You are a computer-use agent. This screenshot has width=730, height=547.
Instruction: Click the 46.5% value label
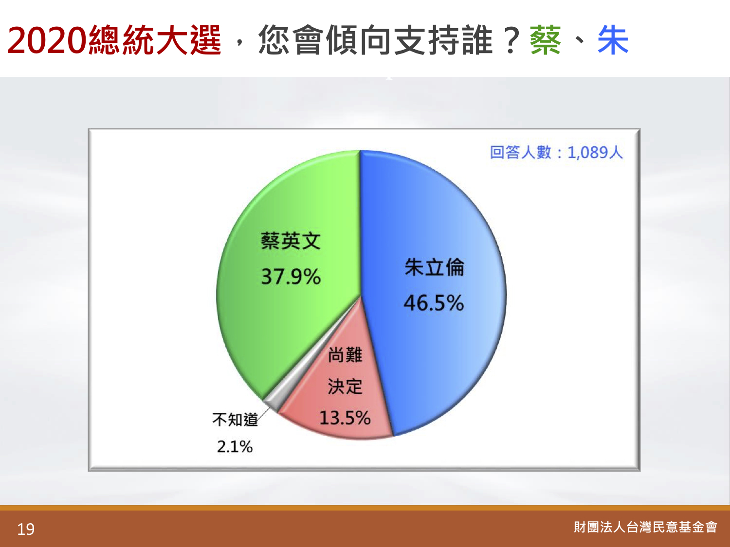[434, 303]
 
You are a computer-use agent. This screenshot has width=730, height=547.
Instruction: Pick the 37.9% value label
[291, 276]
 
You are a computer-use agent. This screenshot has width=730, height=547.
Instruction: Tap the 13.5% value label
[345, 418]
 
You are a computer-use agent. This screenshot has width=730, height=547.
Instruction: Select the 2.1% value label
[235, 446]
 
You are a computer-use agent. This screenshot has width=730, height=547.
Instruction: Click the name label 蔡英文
[291, 241]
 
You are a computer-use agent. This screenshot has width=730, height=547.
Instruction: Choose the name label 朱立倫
[434, 267]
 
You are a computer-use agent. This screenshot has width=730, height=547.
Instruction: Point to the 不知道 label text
[235, 420]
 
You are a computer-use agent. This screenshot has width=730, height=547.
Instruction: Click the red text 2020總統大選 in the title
[114, 40]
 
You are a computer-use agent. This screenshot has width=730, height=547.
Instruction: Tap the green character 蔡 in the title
[546, 40]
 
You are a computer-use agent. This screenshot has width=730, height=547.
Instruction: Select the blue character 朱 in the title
[613, 40]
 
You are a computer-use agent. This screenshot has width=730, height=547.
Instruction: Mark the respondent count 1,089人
[595, 153]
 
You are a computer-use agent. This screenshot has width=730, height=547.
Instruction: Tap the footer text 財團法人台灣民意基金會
[645, 528]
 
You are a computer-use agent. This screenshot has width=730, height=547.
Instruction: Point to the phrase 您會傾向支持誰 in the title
[375, 40]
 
